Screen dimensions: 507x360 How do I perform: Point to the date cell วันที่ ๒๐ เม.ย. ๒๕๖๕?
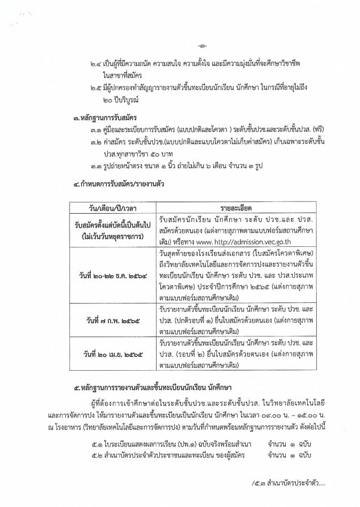111,355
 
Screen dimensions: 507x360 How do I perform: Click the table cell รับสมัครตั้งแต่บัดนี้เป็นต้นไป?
112,225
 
